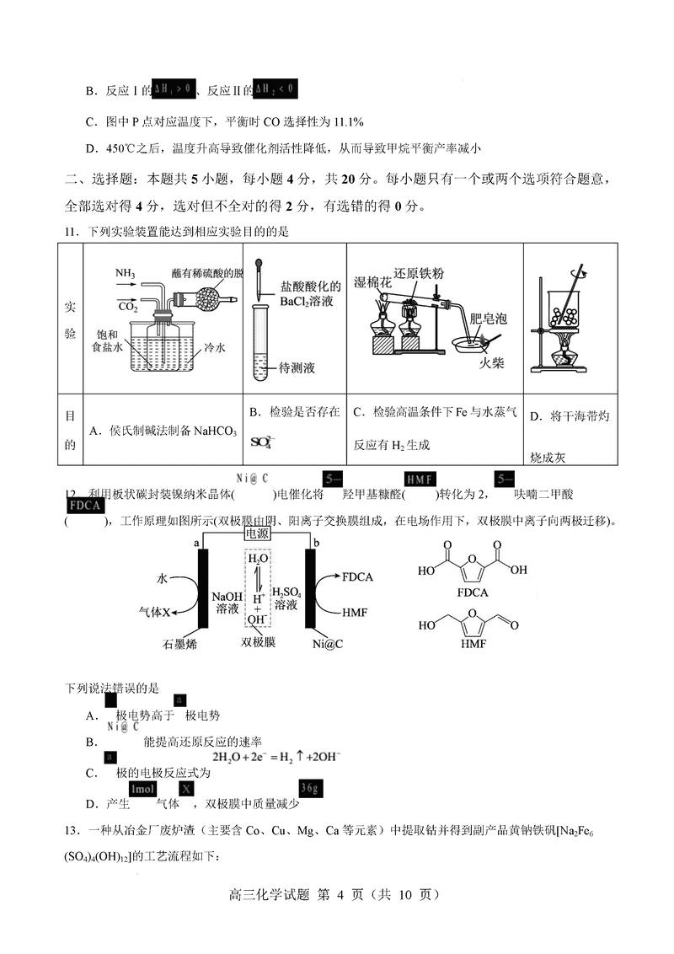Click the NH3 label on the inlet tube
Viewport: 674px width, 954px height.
(x=126, y=274)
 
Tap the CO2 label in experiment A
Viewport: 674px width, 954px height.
(x=128, y=307)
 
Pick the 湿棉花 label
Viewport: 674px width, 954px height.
(x=373, y=282)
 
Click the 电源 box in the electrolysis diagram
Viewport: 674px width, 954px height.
(x=258, y=533)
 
